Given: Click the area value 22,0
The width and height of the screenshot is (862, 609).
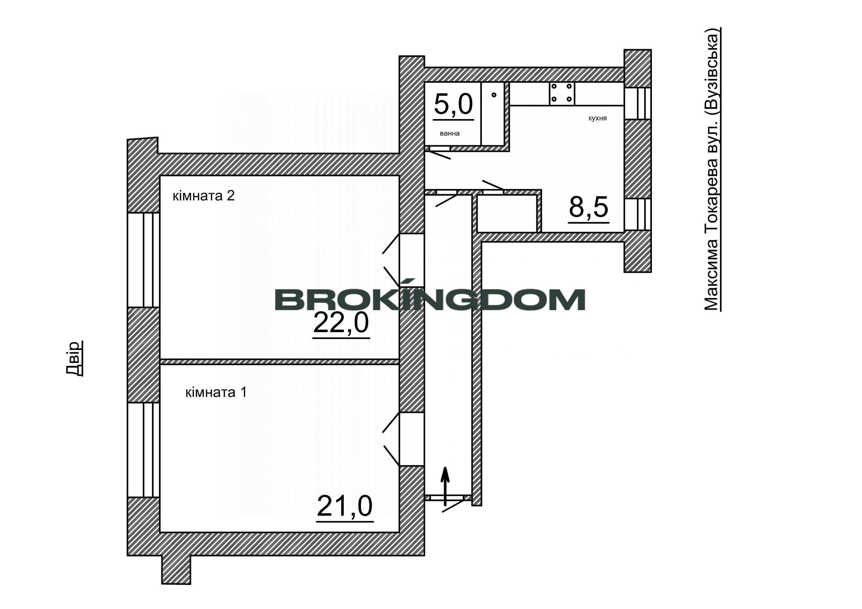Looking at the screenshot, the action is [341, 323].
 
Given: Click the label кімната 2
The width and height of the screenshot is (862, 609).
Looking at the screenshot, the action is [203, 195].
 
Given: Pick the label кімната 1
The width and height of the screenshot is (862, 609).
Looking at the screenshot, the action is [216, 393].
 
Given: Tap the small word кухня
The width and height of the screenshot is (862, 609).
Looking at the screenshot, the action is [598, 118].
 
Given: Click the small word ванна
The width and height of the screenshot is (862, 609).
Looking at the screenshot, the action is [450, 133].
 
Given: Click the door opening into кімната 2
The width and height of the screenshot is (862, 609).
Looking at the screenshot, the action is [411, 260].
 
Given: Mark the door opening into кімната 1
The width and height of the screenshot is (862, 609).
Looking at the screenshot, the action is [411, 439].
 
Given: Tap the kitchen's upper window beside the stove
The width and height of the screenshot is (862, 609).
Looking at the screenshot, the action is [637, 104].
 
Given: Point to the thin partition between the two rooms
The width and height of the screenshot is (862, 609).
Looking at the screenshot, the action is [279, 361].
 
